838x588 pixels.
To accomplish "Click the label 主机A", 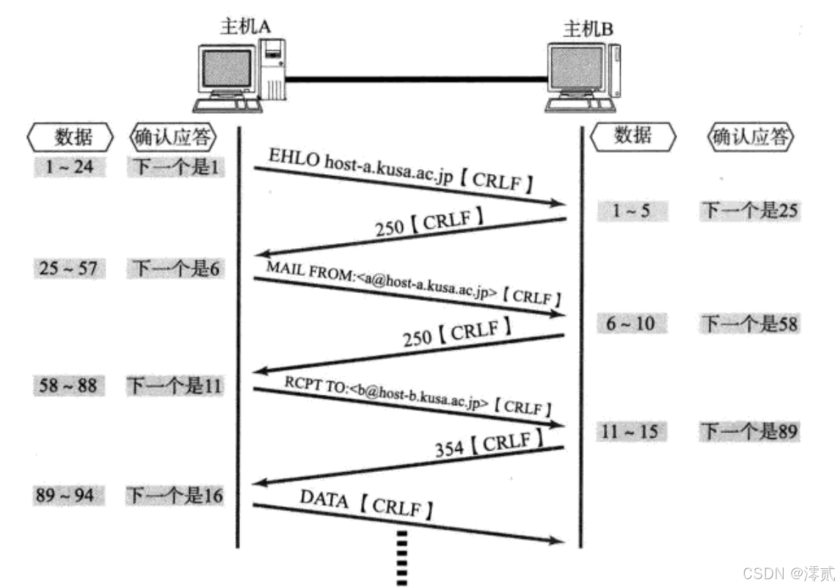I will pos(247,26).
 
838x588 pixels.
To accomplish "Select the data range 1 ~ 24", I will pos(70,167).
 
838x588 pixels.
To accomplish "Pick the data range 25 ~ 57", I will pos(69,269).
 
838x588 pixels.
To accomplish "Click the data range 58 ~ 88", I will pos(68,385).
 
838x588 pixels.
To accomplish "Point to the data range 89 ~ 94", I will pos(68,496).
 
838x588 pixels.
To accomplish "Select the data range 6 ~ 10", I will pos(630,323).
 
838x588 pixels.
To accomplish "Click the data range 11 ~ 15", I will pos(631,432).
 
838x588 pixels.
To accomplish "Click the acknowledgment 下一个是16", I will pos(175,496).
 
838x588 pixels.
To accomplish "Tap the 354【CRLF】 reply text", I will pos(488,445).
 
